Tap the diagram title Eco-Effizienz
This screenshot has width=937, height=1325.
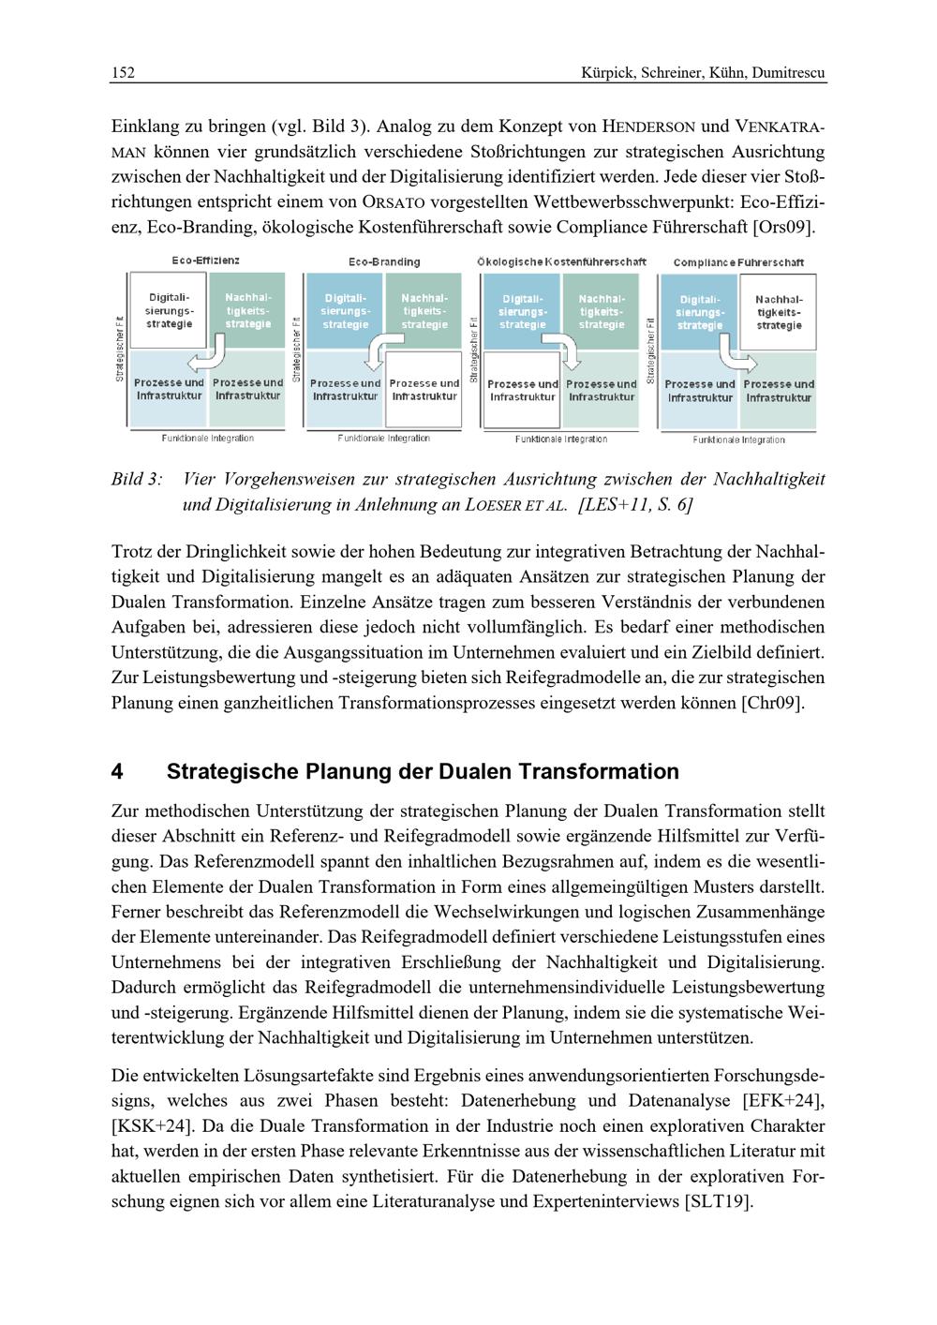coord(205,260)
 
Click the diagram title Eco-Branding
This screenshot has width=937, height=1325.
coord(384,261)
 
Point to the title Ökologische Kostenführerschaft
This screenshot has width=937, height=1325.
coord(561,261)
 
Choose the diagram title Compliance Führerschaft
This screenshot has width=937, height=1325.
coord(738,262)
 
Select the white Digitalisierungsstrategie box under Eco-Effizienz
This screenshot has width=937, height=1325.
coord(170,310)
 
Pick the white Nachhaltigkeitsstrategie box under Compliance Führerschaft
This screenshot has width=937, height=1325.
coord(780,312)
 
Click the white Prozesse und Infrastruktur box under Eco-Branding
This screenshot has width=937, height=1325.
coord(424,390)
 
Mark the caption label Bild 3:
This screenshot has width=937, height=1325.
coord(137,480)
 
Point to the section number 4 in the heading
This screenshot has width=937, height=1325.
coord(117,772)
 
